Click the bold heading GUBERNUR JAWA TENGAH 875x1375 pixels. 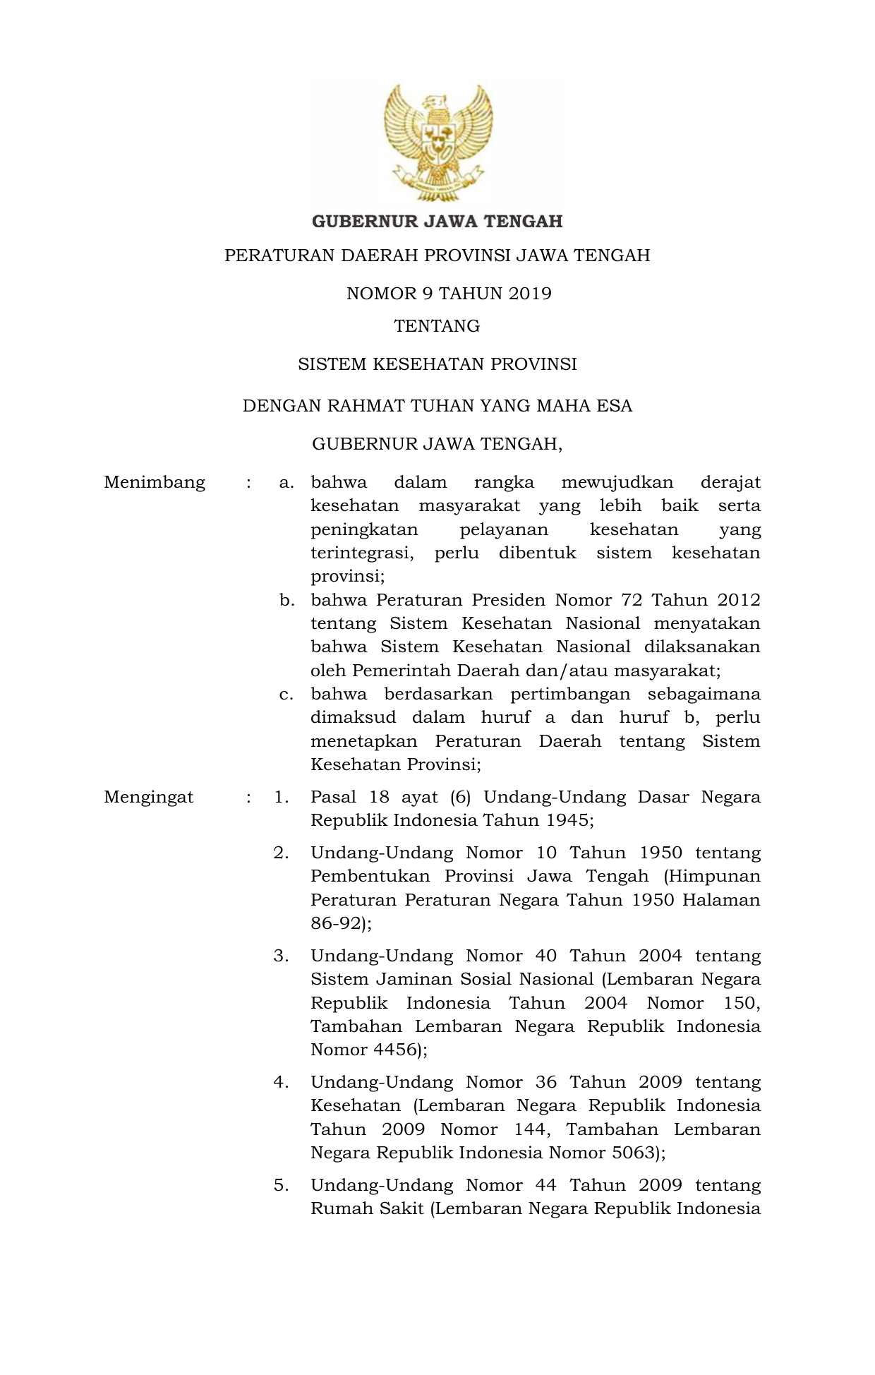437,222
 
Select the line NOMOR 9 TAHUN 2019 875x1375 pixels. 449,294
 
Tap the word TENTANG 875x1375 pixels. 437,326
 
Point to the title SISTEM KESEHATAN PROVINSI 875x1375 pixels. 437,364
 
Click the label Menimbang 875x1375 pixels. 155,483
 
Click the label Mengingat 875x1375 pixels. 148,798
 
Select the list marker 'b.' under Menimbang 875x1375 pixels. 286,601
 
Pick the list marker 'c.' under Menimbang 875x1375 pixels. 286,695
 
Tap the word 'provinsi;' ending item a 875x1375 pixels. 348,577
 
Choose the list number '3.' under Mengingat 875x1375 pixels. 282,956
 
